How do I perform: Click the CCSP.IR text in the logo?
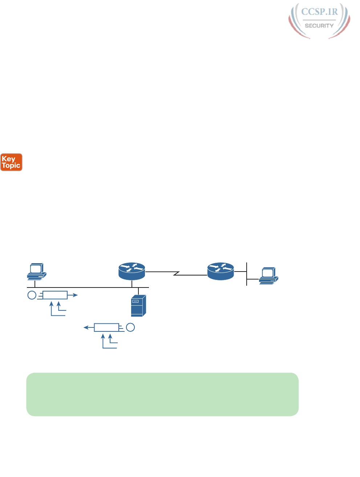click(x=319, y=12)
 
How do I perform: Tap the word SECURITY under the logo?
click(x=319, y=26)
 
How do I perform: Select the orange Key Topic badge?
click(x=11, y=162)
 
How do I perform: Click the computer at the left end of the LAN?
click(x=36, y=272)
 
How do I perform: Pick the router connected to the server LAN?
click(x=132, y=271)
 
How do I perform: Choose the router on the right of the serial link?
click(x=221, y=271)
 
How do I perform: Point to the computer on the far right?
click(x=268, y=276)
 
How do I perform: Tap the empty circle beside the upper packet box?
click(x=32, y=295)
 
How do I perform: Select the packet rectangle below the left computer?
click(x=55, y=295)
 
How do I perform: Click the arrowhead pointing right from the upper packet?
click(x=75, y=295)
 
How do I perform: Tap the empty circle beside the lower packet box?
click(x=130, y=327)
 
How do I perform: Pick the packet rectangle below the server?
click(x=106, y=327)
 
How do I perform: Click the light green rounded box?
click(x=162, y=394)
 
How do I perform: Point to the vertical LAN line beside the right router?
click(x=247, y=274)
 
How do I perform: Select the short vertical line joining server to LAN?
click(x=138, y=291)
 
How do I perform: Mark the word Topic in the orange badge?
click(x=11, y=166)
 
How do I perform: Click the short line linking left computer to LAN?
click(x=35, y=284)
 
